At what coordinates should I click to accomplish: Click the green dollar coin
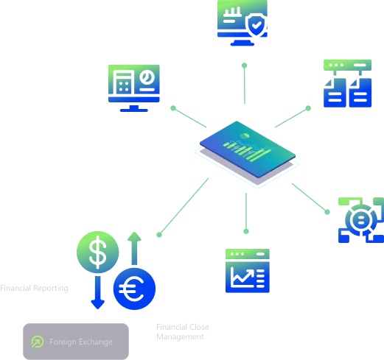(98, 252)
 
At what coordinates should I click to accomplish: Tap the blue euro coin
(134, 289)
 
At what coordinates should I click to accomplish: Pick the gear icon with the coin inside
(360, 219)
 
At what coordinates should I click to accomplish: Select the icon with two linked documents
(348, 83)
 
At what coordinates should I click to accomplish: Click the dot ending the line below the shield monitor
(245, 66)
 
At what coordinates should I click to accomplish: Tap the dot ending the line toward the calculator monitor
(173, 109)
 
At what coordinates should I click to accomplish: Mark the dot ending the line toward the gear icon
(329, 212)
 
